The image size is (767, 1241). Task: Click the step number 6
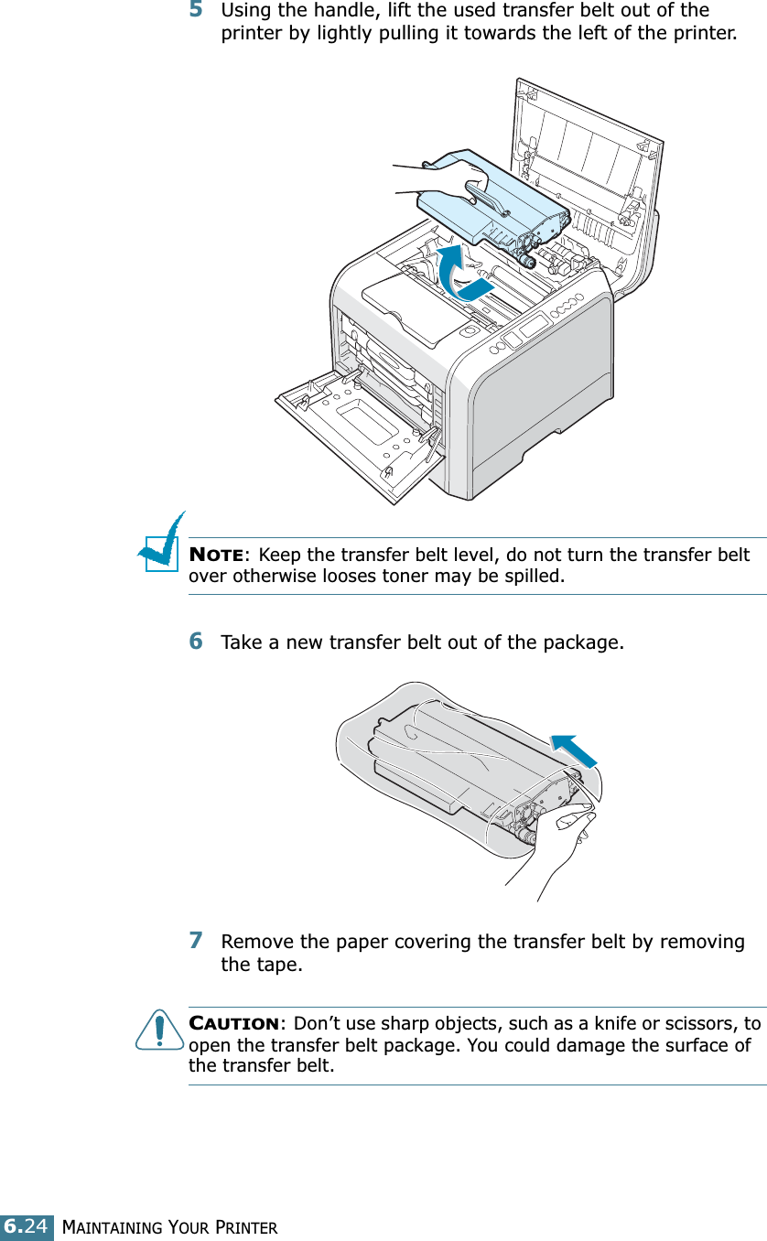(x=196, y=642)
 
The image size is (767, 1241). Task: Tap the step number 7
(x=196, y=941)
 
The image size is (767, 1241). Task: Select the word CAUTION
(x=233, y=1022)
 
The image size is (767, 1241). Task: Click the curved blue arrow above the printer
(x=458, y=270)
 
